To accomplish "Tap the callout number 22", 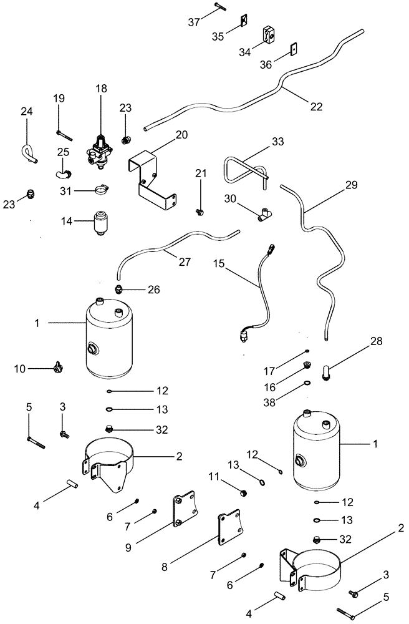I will (316, 106).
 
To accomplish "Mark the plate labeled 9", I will (184, 510).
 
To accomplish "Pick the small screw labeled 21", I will (201, 212).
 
